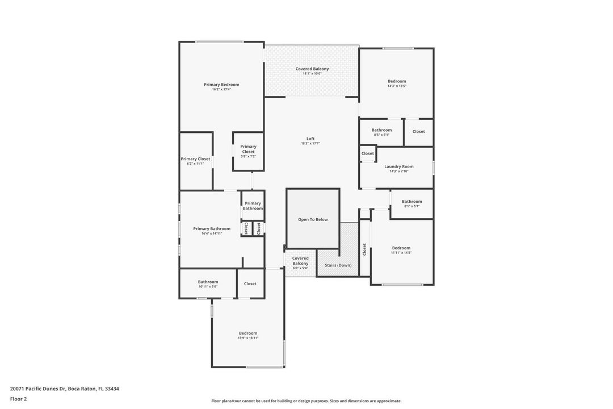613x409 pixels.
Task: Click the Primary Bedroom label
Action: click(221, 85)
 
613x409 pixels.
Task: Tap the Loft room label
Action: click(310, 139)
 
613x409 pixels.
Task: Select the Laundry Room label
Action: click(399, 166)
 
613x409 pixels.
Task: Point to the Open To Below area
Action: click(313, 219)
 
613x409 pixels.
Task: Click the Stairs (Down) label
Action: click(338, 265)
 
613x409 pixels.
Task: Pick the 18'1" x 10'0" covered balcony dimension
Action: click(312, 74)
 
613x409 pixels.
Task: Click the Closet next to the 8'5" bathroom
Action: click(418, 132)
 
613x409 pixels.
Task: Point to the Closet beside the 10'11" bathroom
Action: click(250, 283)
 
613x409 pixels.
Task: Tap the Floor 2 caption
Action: click(18, 399)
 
